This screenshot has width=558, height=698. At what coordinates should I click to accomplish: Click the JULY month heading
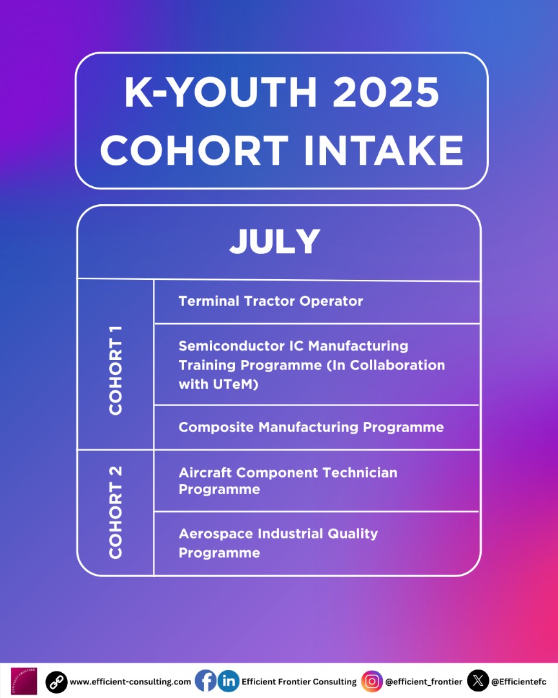pyautogui.click(x=275, y=242)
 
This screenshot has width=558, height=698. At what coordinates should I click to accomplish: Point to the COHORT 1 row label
pyautogui.click(x=116, y=369)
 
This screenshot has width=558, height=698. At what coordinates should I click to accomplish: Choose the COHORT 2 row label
pyautogui.click(x=116, y=512)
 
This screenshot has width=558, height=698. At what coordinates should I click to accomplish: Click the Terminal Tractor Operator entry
pyautogui.click(x=271, y=301)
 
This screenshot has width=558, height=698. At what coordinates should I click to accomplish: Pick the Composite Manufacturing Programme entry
pyautogui.click(x=311, y=427)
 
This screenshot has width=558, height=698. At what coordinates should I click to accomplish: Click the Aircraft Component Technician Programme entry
pyautogui.click(x=288, y=480)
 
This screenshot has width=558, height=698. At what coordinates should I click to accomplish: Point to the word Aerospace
pyautogui.click(x=216, y=534)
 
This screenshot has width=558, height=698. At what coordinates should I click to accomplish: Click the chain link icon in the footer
pyautogui.click(x=56, y=681)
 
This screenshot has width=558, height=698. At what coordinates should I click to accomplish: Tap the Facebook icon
pyautogui.click(x=205, y=681)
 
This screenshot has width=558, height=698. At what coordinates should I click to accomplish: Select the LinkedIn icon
pyautogui.click(x=228, y=681)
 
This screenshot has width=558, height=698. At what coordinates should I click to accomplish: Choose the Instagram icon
pyautogui.click(x=371, y=681)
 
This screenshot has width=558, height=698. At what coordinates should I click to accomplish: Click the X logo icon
pyautogui.click(x=478, y=681)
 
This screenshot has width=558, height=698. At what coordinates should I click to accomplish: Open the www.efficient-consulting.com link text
pyautogui.click(x=130, y=682)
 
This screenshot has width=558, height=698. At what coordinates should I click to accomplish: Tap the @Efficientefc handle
pyautogui.click(x=519, y=682)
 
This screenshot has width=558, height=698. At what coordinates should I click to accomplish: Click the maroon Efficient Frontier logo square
pyautogui.click(x=24, y=681)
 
